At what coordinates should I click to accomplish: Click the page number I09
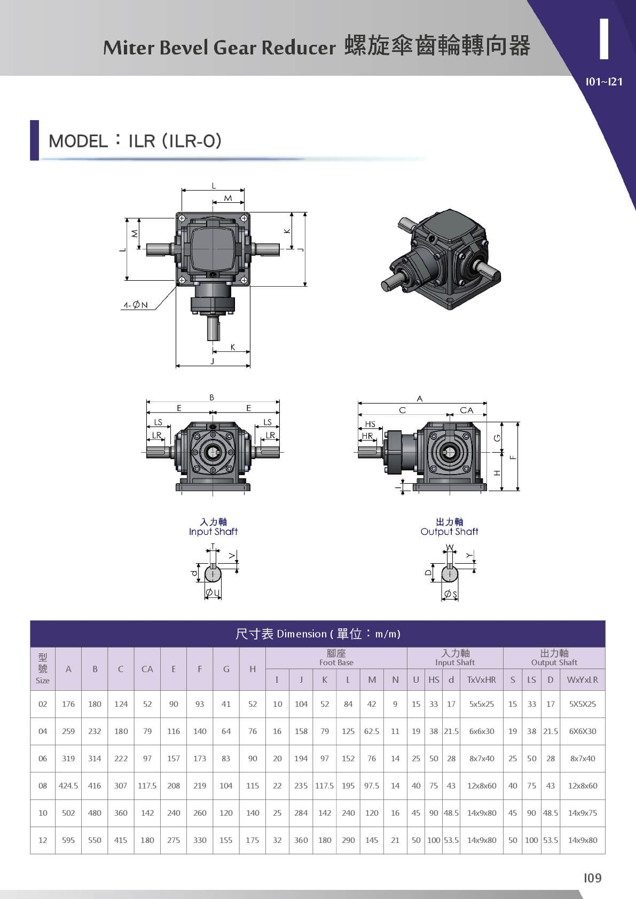[x=593, y=878]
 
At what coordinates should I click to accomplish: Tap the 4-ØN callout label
[x=135, y=305]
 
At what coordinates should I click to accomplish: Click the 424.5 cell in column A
[x=68, y=785]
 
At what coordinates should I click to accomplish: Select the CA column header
[x=147, y=669]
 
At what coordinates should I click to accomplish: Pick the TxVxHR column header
[x=482, y=680]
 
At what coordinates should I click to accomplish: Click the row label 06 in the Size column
[x=43, y=758]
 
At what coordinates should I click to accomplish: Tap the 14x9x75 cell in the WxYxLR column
[x=583, y=813]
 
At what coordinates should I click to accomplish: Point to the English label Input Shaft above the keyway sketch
[x=213, y=532]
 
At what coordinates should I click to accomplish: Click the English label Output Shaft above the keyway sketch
[x=449, y=532]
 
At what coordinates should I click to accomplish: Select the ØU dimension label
[x=213, y=593]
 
